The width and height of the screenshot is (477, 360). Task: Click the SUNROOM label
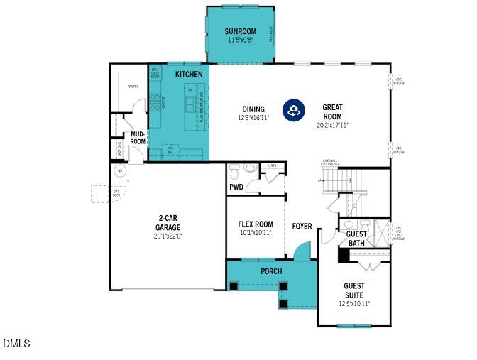240,31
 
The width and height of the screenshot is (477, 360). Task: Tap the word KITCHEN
188,74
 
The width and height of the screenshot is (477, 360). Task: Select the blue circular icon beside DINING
293,109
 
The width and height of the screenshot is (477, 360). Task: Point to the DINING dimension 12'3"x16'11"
253,118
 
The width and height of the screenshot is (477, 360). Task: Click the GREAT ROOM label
332,112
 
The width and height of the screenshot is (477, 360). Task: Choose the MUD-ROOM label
137,138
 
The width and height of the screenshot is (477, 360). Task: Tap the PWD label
236,187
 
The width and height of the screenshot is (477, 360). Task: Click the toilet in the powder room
249,170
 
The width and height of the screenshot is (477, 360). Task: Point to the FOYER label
302,226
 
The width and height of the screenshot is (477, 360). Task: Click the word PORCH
271,271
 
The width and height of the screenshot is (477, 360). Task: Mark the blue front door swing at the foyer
303,251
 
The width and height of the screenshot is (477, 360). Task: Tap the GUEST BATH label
356,239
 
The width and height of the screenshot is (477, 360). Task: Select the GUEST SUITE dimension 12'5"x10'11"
353,304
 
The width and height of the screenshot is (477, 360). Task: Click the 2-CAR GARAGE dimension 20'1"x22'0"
168,236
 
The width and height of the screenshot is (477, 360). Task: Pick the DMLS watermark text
16,344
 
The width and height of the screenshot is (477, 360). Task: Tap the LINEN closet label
272,166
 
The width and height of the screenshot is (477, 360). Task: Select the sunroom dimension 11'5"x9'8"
240,40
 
